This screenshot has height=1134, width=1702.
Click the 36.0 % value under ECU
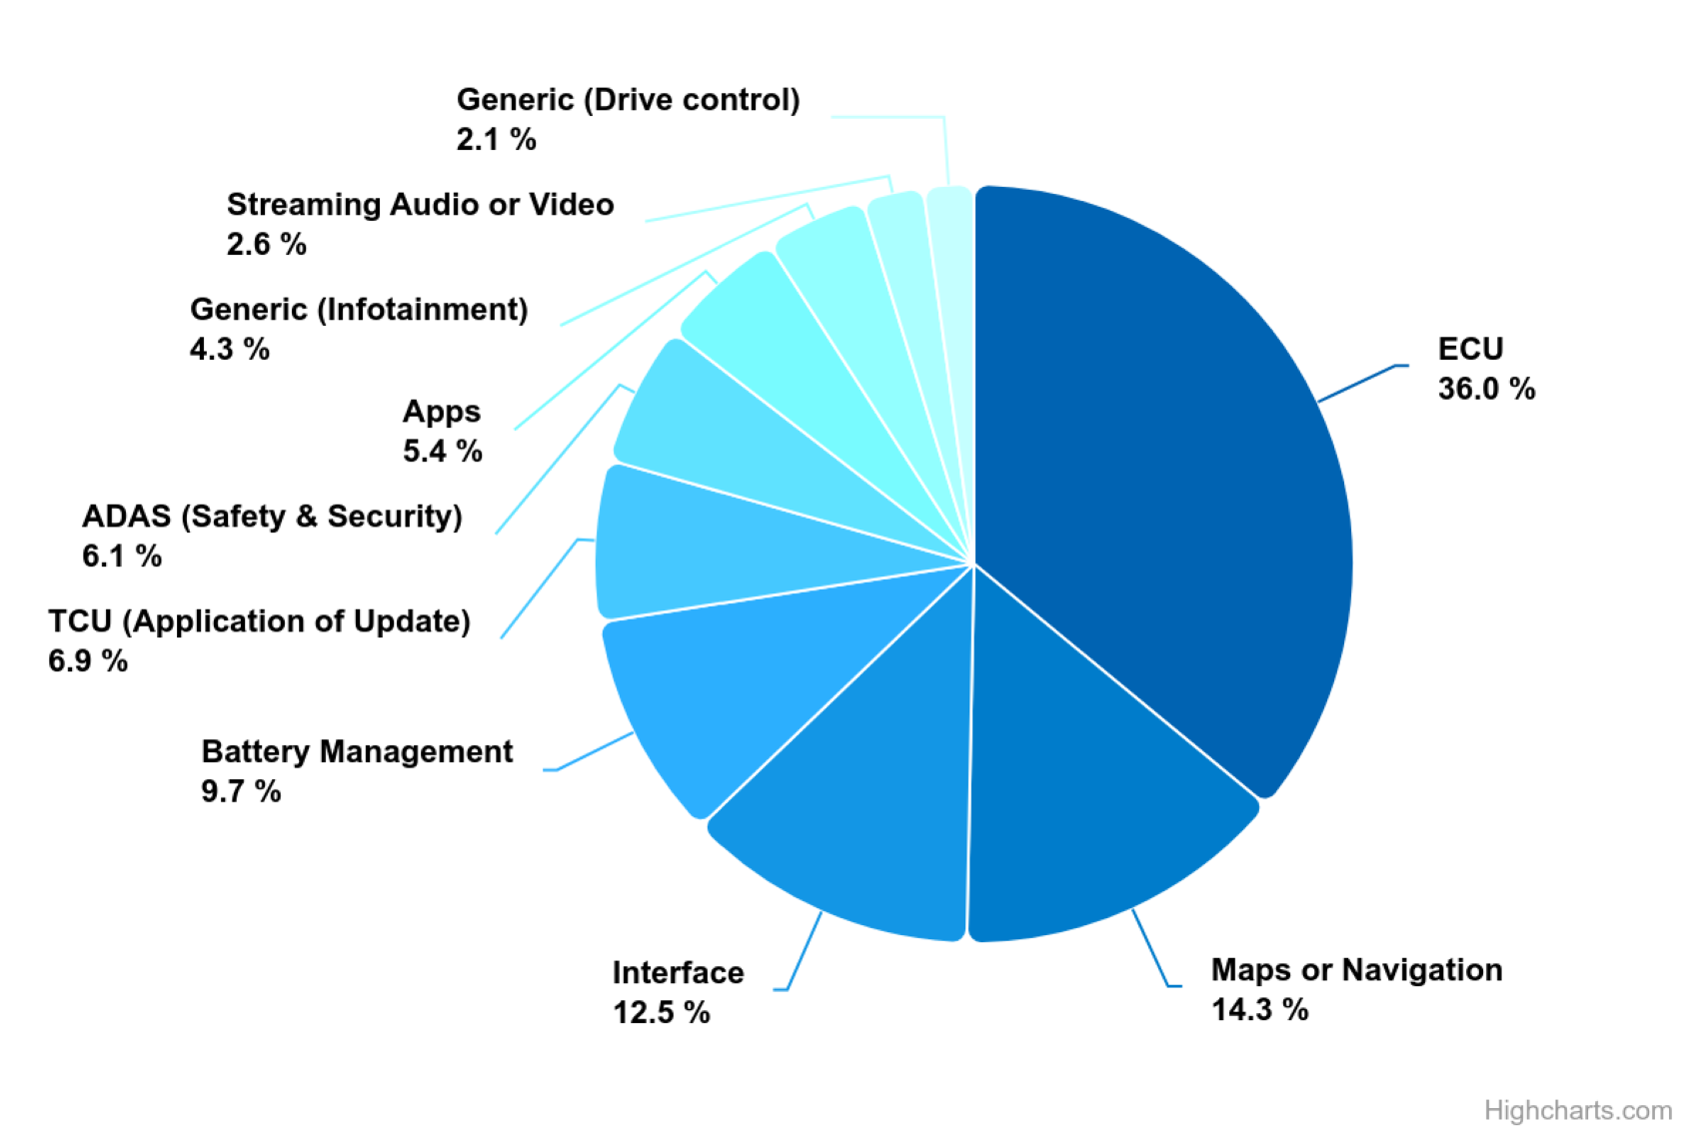[1486, 389]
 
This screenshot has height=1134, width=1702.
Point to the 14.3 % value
[1259, 1010]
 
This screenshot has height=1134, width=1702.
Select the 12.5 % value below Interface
[661, 1013]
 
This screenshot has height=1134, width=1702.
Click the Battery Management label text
[357, 751]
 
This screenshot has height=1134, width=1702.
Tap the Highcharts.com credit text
[1577, 1110]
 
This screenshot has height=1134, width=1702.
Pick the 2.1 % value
[496, 139]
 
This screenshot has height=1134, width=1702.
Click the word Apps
[441, 412]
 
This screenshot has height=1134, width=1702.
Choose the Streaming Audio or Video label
[420, 205]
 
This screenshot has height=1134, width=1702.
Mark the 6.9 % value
[88, 660]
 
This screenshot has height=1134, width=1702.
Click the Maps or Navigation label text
[1356, 969]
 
